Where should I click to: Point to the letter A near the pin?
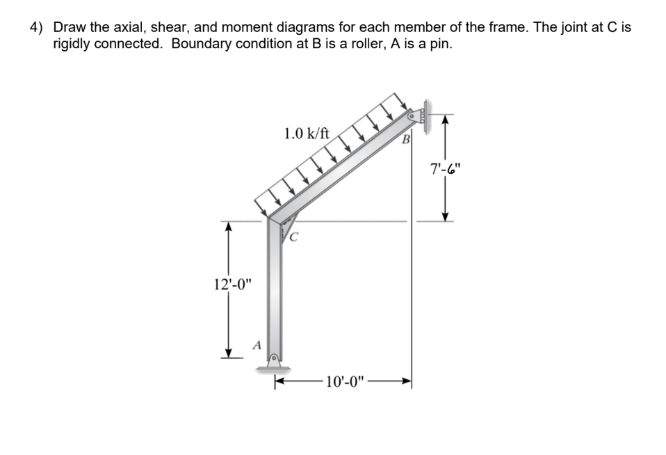257,344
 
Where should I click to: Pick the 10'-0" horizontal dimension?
344,381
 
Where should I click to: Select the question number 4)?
36,28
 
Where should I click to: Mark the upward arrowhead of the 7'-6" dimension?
446,120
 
